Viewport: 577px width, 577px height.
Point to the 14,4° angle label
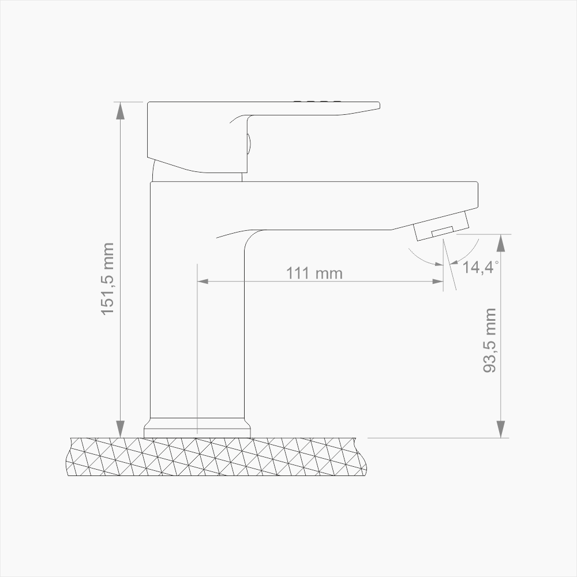pos(478,267)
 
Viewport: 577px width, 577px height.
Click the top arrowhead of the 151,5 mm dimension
pos(121,110)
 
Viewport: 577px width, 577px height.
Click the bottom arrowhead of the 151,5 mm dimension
pos(121,429)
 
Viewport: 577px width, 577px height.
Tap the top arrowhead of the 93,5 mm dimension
pos(501,243)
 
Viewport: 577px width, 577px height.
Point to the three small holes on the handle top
pos(317,102)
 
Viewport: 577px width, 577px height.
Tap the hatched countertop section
pos(216,457)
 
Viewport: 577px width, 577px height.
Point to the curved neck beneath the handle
pos(155,170)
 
